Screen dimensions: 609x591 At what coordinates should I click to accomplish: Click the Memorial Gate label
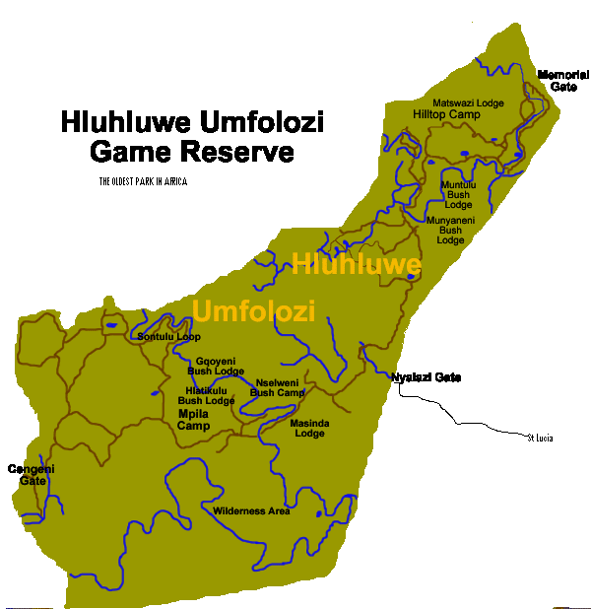tap(558, 81)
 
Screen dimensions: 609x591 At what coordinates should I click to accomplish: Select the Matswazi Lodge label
tap(469, 102)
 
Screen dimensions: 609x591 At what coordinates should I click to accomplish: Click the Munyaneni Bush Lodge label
tap(450, 230)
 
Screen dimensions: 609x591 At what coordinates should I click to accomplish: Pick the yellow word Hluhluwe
tap(357, 264)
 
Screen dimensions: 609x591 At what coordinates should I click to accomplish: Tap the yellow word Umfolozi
tap(254, 311)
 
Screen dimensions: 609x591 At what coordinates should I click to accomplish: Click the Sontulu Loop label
tap(169, 337)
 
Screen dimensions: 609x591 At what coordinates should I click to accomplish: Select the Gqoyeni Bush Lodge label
tap(215, 366)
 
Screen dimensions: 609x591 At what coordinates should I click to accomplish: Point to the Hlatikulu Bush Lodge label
tap(206, 395)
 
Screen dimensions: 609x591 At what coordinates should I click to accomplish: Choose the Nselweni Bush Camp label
tap(277, 387)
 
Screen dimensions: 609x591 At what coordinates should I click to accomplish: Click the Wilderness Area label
tap(251, 510)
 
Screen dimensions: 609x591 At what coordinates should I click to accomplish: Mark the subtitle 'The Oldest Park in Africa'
tap(143, 181)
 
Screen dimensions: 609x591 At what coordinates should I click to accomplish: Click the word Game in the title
tap(131, 153)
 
